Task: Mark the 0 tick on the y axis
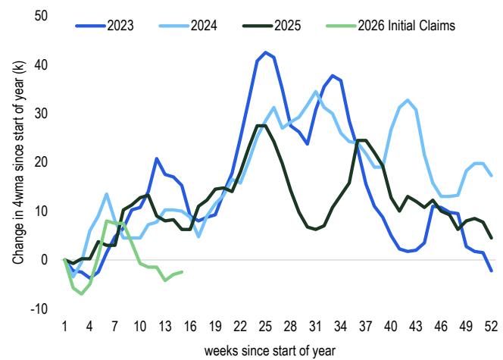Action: (44, 260)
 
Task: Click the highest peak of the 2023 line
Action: (265, 52)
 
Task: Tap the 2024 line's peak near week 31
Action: (316, 92)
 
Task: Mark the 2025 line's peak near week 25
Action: (261, 125)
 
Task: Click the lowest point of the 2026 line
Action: (82, 293)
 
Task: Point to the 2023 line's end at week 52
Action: (491, 271)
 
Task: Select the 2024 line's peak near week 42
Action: (408, 100)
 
